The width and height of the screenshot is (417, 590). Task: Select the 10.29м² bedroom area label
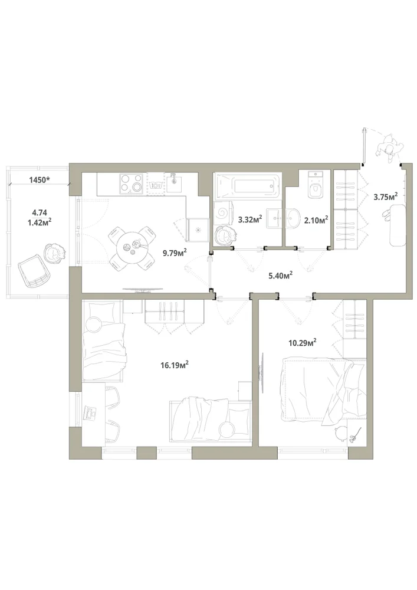pyautogui.click(x=302, y=342)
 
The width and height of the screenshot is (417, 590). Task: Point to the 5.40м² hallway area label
pyautogui.click(x=281, y=276)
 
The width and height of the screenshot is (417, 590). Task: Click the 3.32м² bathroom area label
pyautogui.click(x=250, y=219)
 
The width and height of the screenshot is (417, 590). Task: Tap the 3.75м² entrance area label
pyautogui.click(x=385, y=196)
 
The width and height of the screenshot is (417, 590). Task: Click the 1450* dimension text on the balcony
pyautogui.click(x=40, y=180)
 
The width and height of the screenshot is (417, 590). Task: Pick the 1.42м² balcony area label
pyautogui.click(x=40, y=222)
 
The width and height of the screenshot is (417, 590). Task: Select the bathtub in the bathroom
pyautogui.click(x=247, y=185)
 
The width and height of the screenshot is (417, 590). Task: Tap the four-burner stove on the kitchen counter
pyautogui.click(x=132, y=184)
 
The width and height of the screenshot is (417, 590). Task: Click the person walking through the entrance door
pyautogui.click(x=390, y=149)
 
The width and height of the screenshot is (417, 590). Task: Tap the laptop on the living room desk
pyautogui.click(x=90, y=412)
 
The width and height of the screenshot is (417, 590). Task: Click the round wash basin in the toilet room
pyautogui.click(x=294, y=218)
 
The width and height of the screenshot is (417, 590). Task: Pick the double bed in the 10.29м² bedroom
pyautogui.click(x=323, y=389)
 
